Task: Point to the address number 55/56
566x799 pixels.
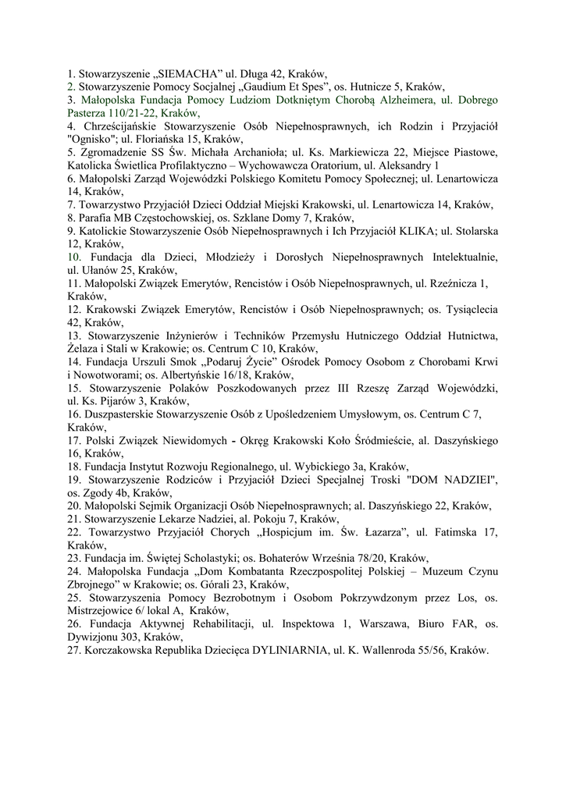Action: (x=428, y=650)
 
